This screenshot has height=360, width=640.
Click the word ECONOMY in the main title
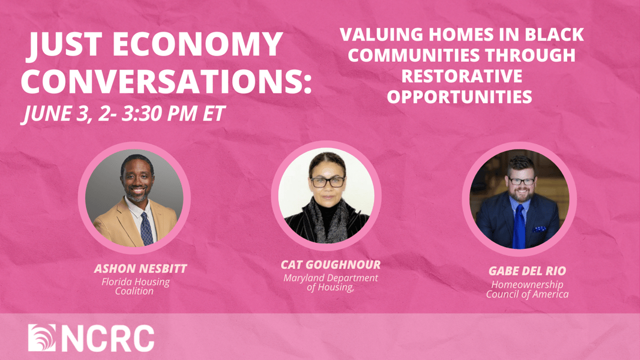coord(198,44)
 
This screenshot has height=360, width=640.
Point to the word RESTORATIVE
coord(462,76)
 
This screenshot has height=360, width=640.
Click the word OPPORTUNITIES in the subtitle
coord(459,96)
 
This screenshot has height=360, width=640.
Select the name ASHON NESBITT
coord(141,269)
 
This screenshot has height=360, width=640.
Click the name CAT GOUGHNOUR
coord(331,265)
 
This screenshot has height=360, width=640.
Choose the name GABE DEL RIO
coord(527,271)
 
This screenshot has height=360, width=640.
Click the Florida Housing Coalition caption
coord(135,286)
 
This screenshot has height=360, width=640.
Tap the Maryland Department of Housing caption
coord(331,282)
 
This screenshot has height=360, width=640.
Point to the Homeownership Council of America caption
coord(527,289)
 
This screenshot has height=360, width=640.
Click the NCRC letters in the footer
coord(108,338)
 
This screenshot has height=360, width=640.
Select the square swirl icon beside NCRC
coord(42,338)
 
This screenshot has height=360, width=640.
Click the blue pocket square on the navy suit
coord(539,229)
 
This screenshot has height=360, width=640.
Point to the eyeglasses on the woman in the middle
coord(328,182)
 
